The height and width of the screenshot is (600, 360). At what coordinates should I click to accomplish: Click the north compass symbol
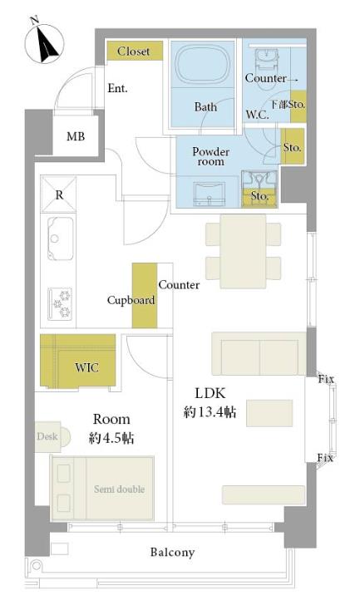click(44, 43)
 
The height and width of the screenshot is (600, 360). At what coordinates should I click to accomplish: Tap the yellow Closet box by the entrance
click(135, 51)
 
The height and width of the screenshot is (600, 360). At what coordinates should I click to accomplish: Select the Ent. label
click(117, 88)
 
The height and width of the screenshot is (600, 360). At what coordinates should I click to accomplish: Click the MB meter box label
click(76, 136)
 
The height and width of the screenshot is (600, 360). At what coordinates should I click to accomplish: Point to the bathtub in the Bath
click(202, 64)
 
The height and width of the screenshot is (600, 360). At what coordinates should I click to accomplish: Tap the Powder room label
click(210, 156)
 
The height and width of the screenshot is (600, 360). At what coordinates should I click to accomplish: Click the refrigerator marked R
click(58, 194)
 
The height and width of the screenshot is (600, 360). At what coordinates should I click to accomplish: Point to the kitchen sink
click(61, 239)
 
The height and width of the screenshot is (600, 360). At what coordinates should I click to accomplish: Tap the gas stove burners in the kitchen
click(60, 304)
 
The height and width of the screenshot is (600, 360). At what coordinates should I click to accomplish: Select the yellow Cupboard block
click(145, 295)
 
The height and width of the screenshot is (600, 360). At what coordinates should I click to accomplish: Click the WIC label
click(87, 368)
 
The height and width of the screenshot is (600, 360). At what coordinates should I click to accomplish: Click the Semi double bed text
click(120, 489)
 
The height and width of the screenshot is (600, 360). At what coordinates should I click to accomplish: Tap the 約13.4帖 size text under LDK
click(210, 412)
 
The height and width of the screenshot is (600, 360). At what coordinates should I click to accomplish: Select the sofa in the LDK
click(259, 354)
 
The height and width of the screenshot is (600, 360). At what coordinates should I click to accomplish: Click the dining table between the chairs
click(244, 252)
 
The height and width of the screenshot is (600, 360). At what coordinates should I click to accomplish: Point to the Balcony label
click(172, 552)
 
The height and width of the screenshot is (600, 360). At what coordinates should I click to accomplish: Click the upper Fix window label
click(326, 379)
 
